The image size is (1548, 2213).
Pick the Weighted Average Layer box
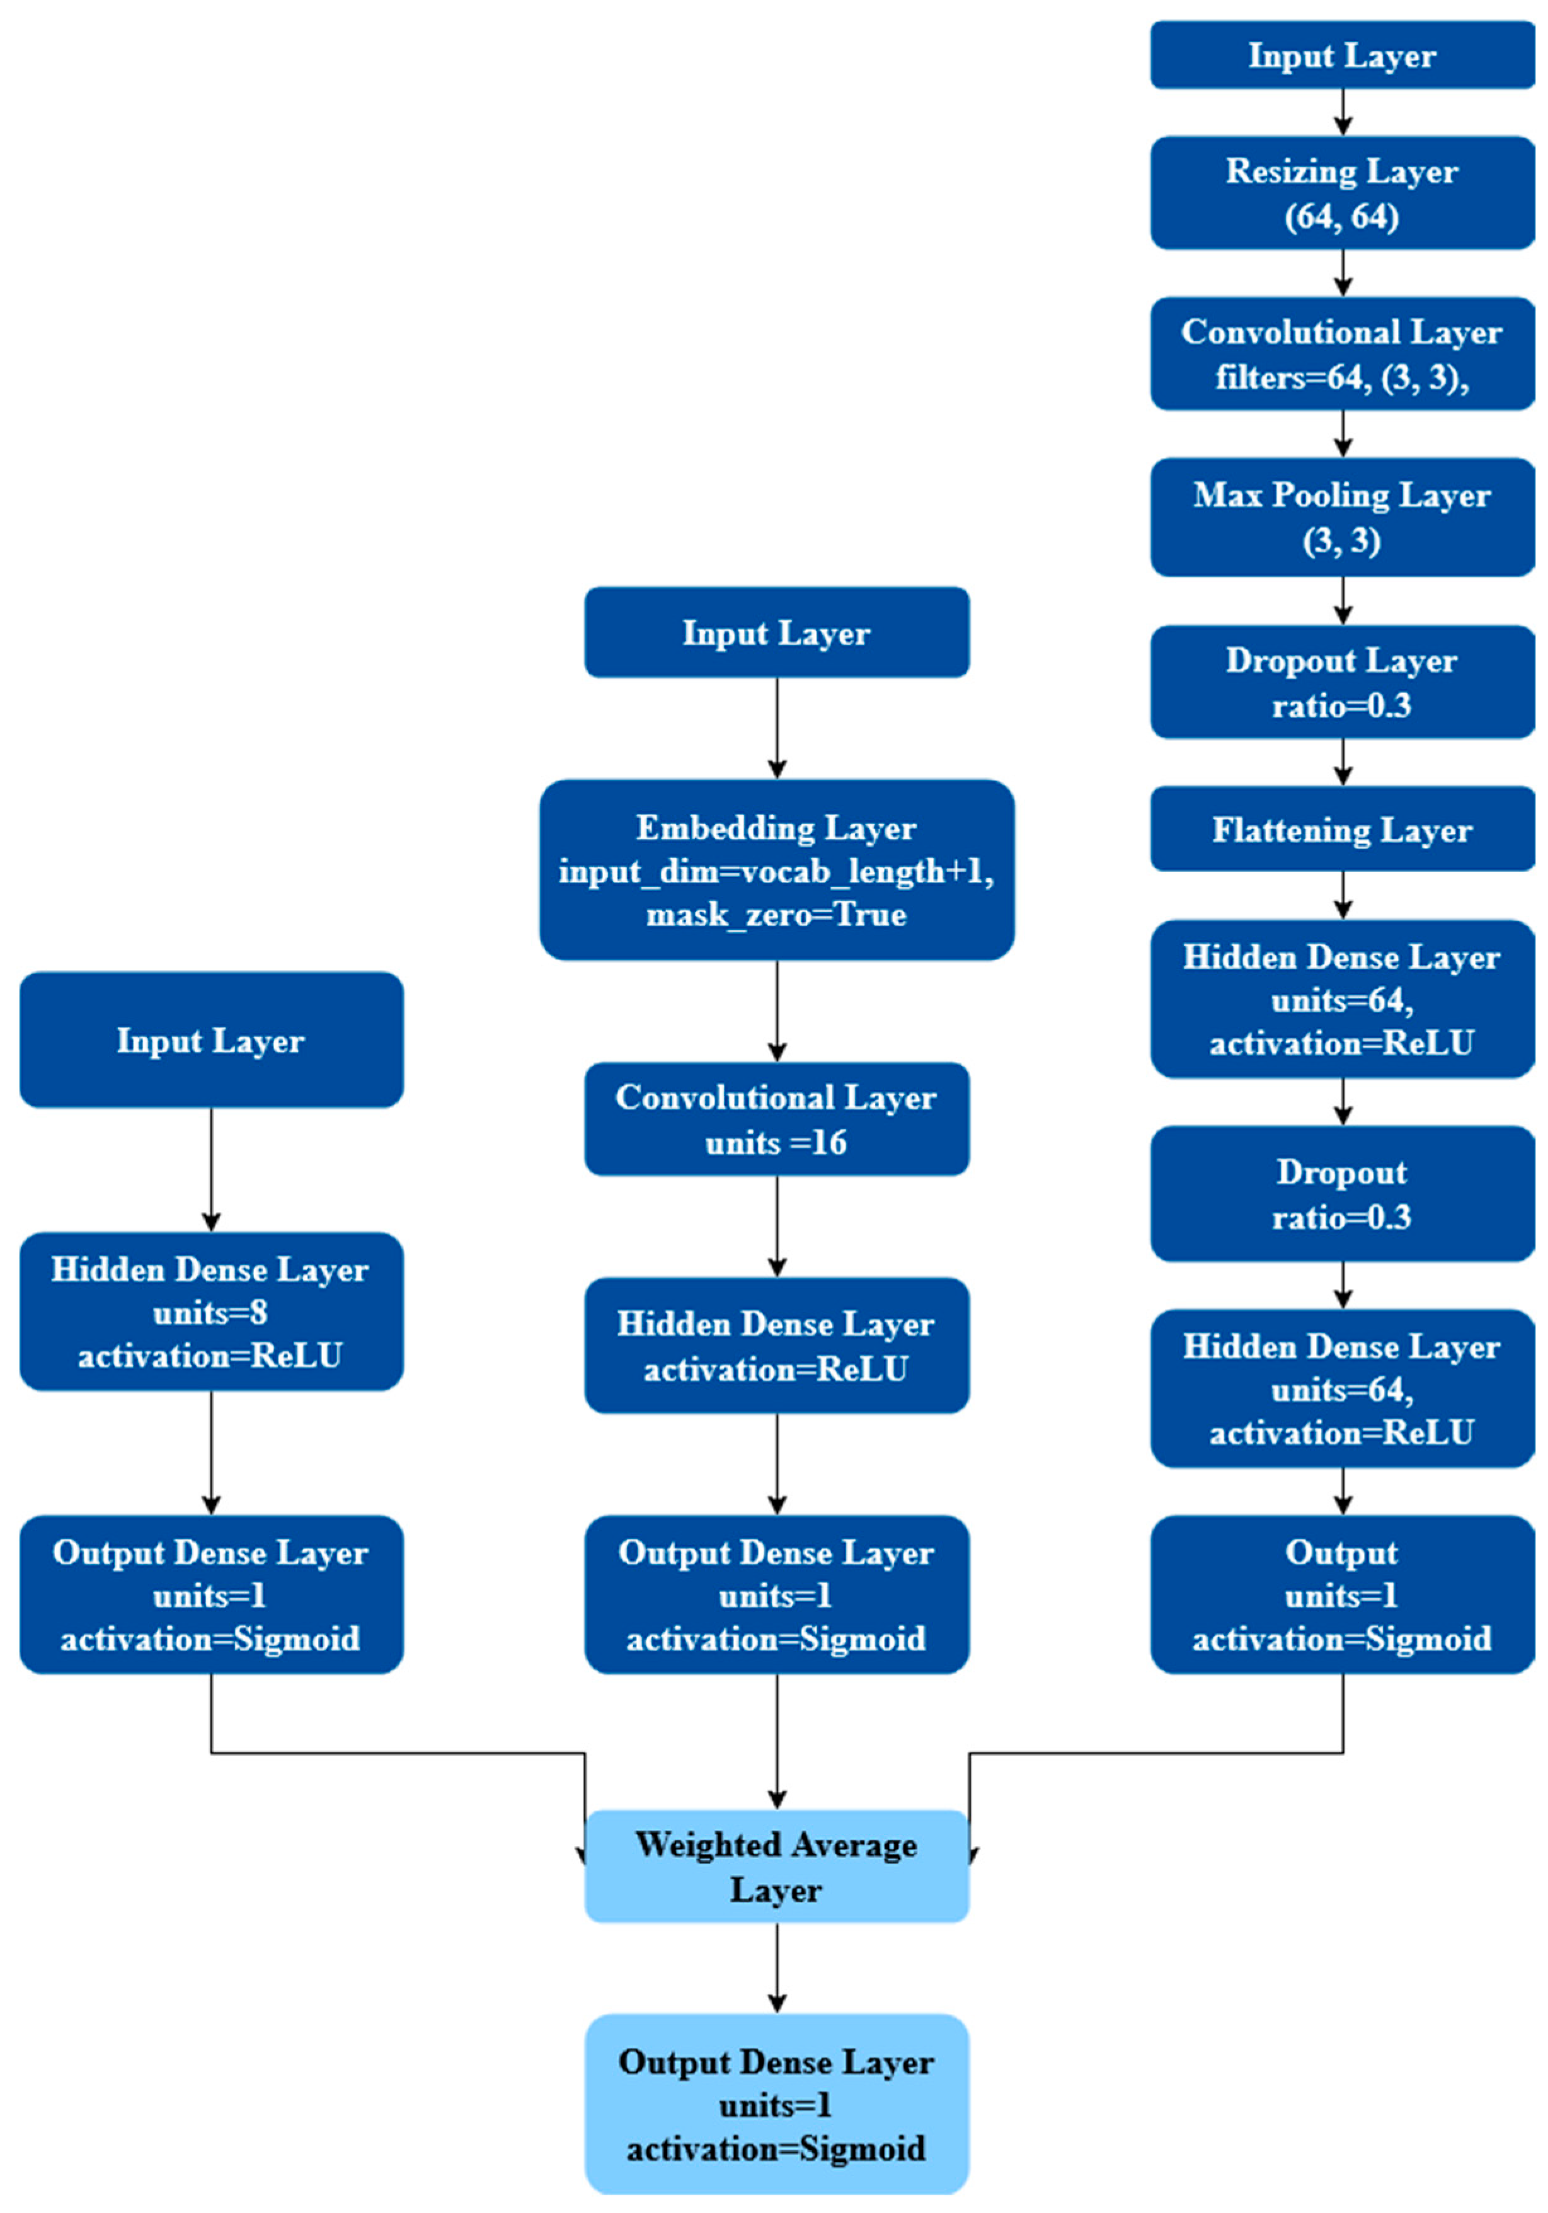coord(776,1866)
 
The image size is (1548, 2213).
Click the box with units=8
coord(210,1311)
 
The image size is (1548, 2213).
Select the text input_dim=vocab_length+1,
coord(776,871)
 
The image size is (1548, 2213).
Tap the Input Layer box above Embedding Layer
coord(776,632)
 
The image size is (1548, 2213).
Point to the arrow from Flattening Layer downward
coord(1343,895)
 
